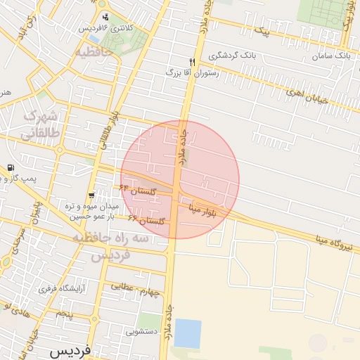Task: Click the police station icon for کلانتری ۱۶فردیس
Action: point(105,17)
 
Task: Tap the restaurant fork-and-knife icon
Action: point(192,62)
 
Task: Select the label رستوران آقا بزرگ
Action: point(192,72)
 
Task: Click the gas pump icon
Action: point(10,168)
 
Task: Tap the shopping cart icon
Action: point(91,195)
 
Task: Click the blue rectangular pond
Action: point(187,333)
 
